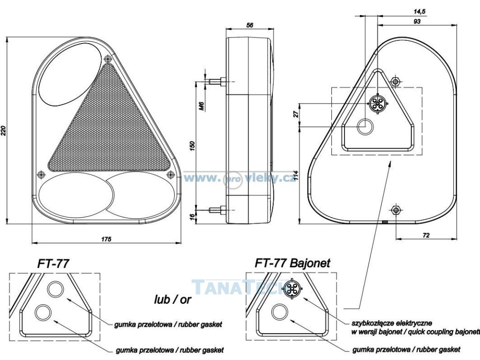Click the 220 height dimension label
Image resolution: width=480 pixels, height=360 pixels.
click(4, 130)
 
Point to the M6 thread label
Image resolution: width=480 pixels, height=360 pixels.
click(201, 106)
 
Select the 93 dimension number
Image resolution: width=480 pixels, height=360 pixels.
click(417, 21)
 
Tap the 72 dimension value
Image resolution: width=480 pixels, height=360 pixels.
click(426, 235)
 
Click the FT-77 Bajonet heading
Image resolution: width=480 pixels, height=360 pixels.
click(292, 262)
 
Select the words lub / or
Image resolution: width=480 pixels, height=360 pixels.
click(172, 300)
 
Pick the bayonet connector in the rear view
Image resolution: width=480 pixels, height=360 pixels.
click(376, 103)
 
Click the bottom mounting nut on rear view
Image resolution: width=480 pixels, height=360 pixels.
click(397, 210)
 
